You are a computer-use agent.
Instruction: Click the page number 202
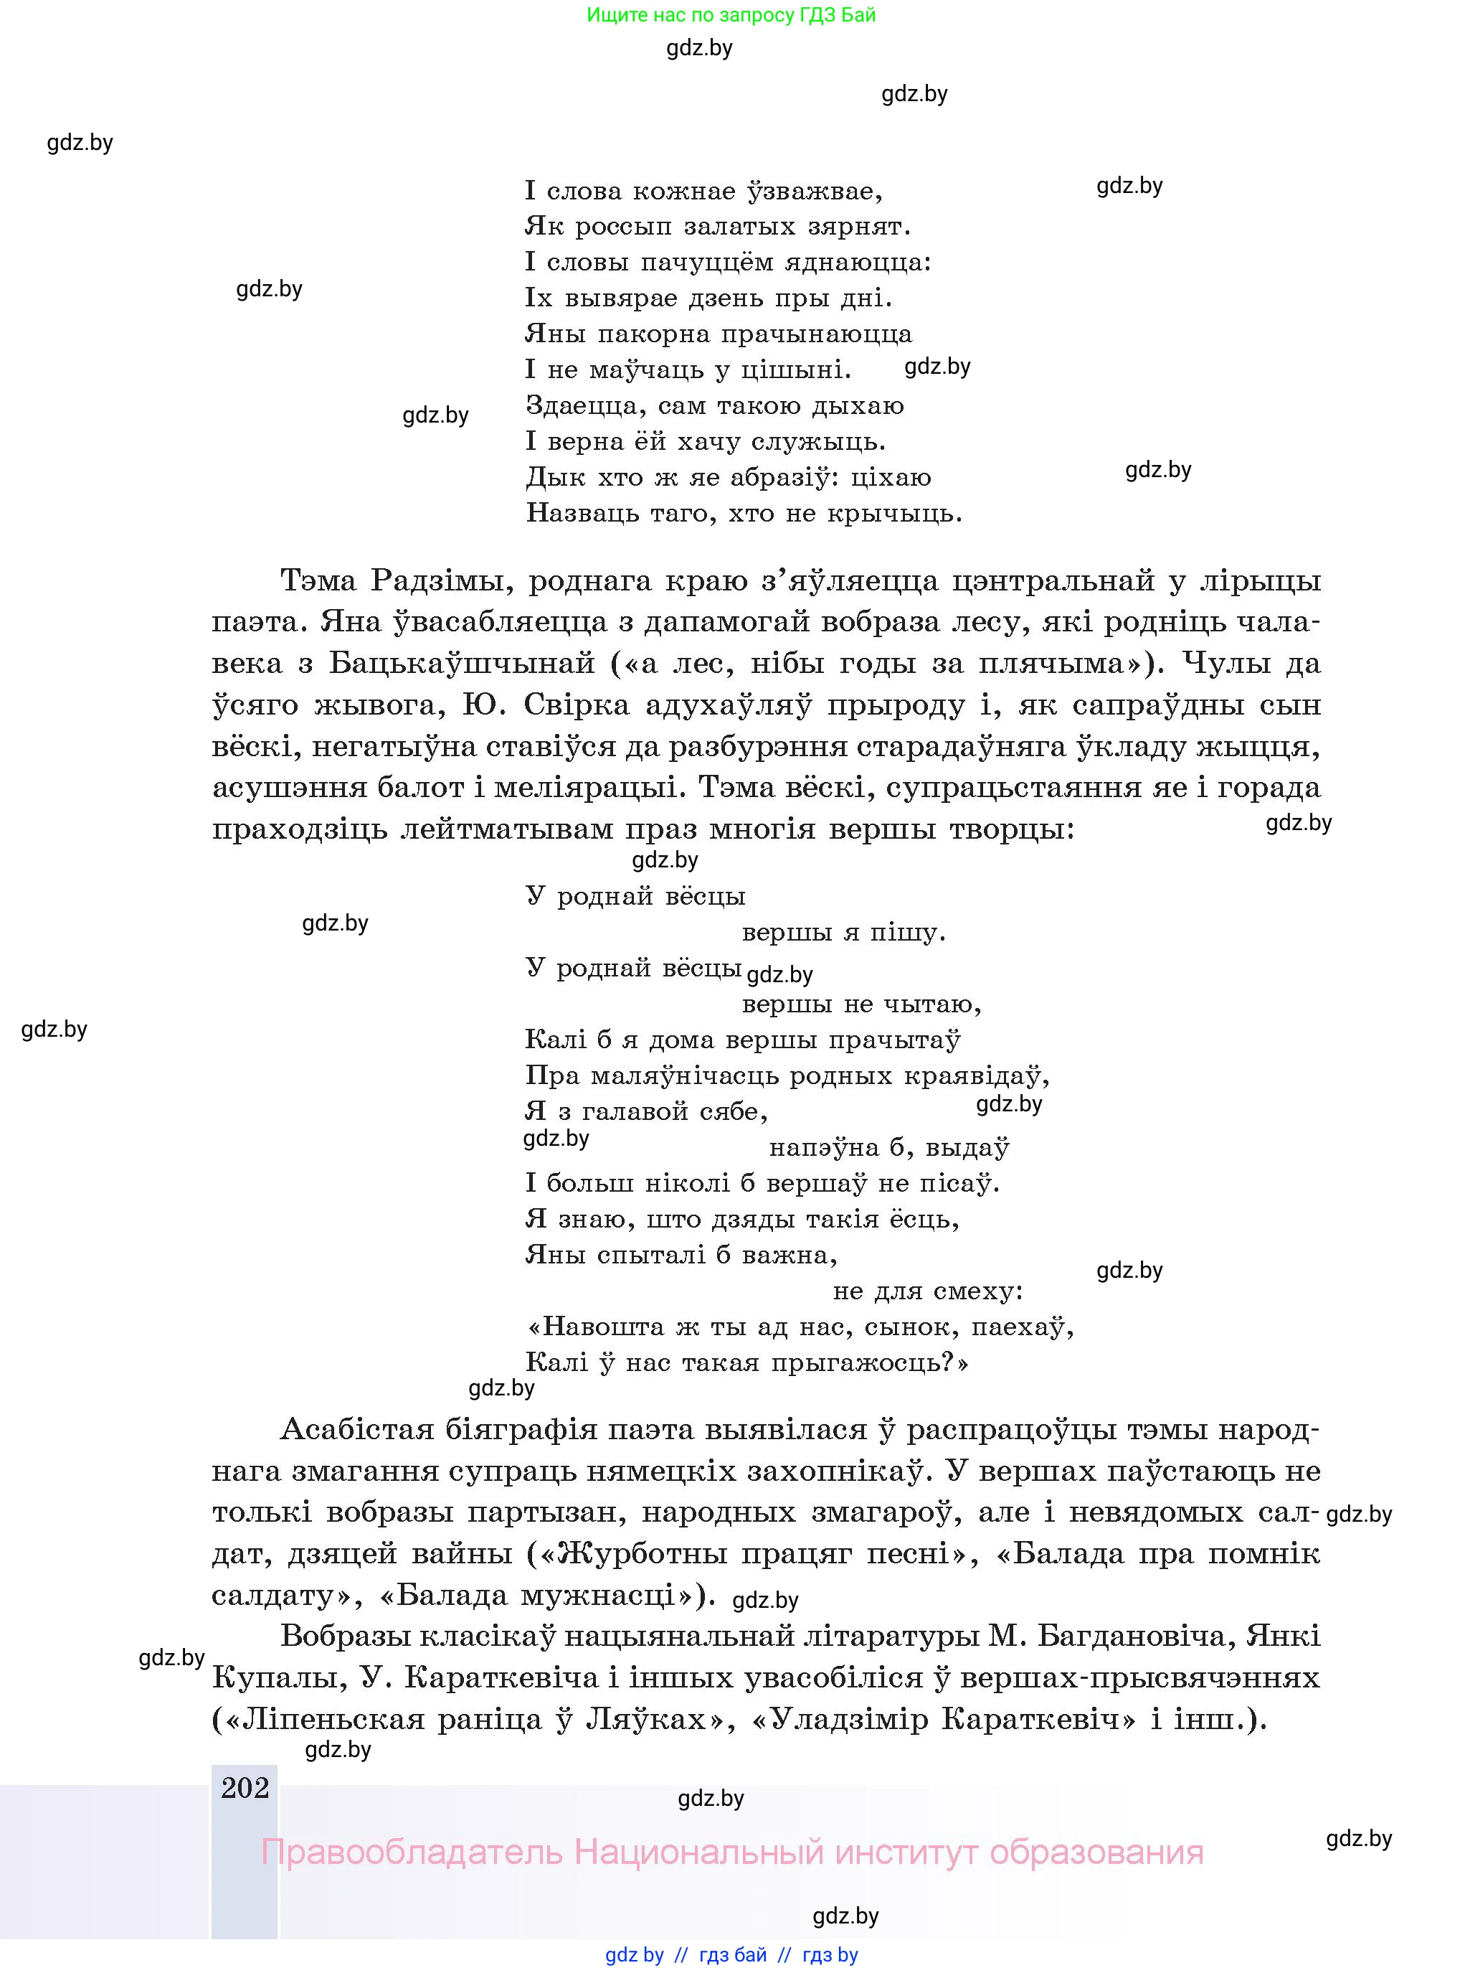tap(245, 1788)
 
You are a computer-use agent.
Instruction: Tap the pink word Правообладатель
tap(412, 1852)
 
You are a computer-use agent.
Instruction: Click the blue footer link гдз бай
tap(733, 1954)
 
